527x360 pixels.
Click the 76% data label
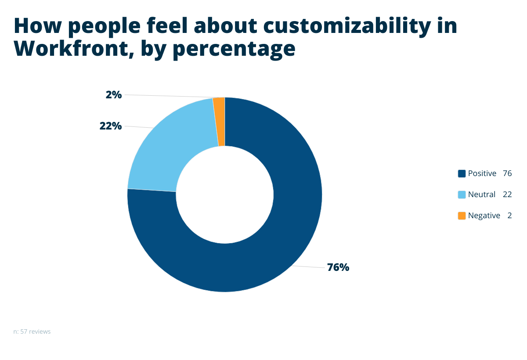[338, 267]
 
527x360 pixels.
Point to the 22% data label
[110, 126]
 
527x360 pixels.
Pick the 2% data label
[114, 94]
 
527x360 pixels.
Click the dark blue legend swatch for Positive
[462, 173]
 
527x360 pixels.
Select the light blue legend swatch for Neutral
[462, 194]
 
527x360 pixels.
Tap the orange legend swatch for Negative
[462, 216]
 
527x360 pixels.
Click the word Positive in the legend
[482, 173]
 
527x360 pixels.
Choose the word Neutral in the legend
[481, 194]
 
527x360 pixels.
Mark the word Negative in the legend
[484, 216]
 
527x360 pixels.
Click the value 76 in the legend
[507, 173]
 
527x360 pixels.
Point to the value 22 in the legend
[507, 194]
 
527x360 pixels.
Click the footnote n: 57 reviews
[32, 331]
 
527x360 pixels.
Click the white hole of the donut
[224, 194]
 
